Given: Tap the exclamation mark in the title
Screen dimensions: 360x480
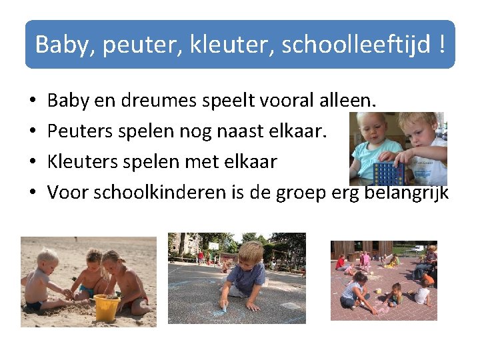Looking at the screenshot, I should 442,45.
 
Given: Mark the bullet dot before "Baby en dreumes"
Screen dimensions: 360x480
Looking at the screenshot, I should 32,103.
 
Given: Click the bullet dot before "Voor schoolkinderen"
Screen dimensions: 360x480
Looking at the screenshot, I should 32,193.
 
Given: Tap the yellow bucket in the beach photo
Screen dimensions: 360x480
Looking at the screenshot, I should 107,308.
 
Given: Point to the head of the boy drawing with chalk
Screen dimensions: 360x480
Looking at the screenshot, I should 251,253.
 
